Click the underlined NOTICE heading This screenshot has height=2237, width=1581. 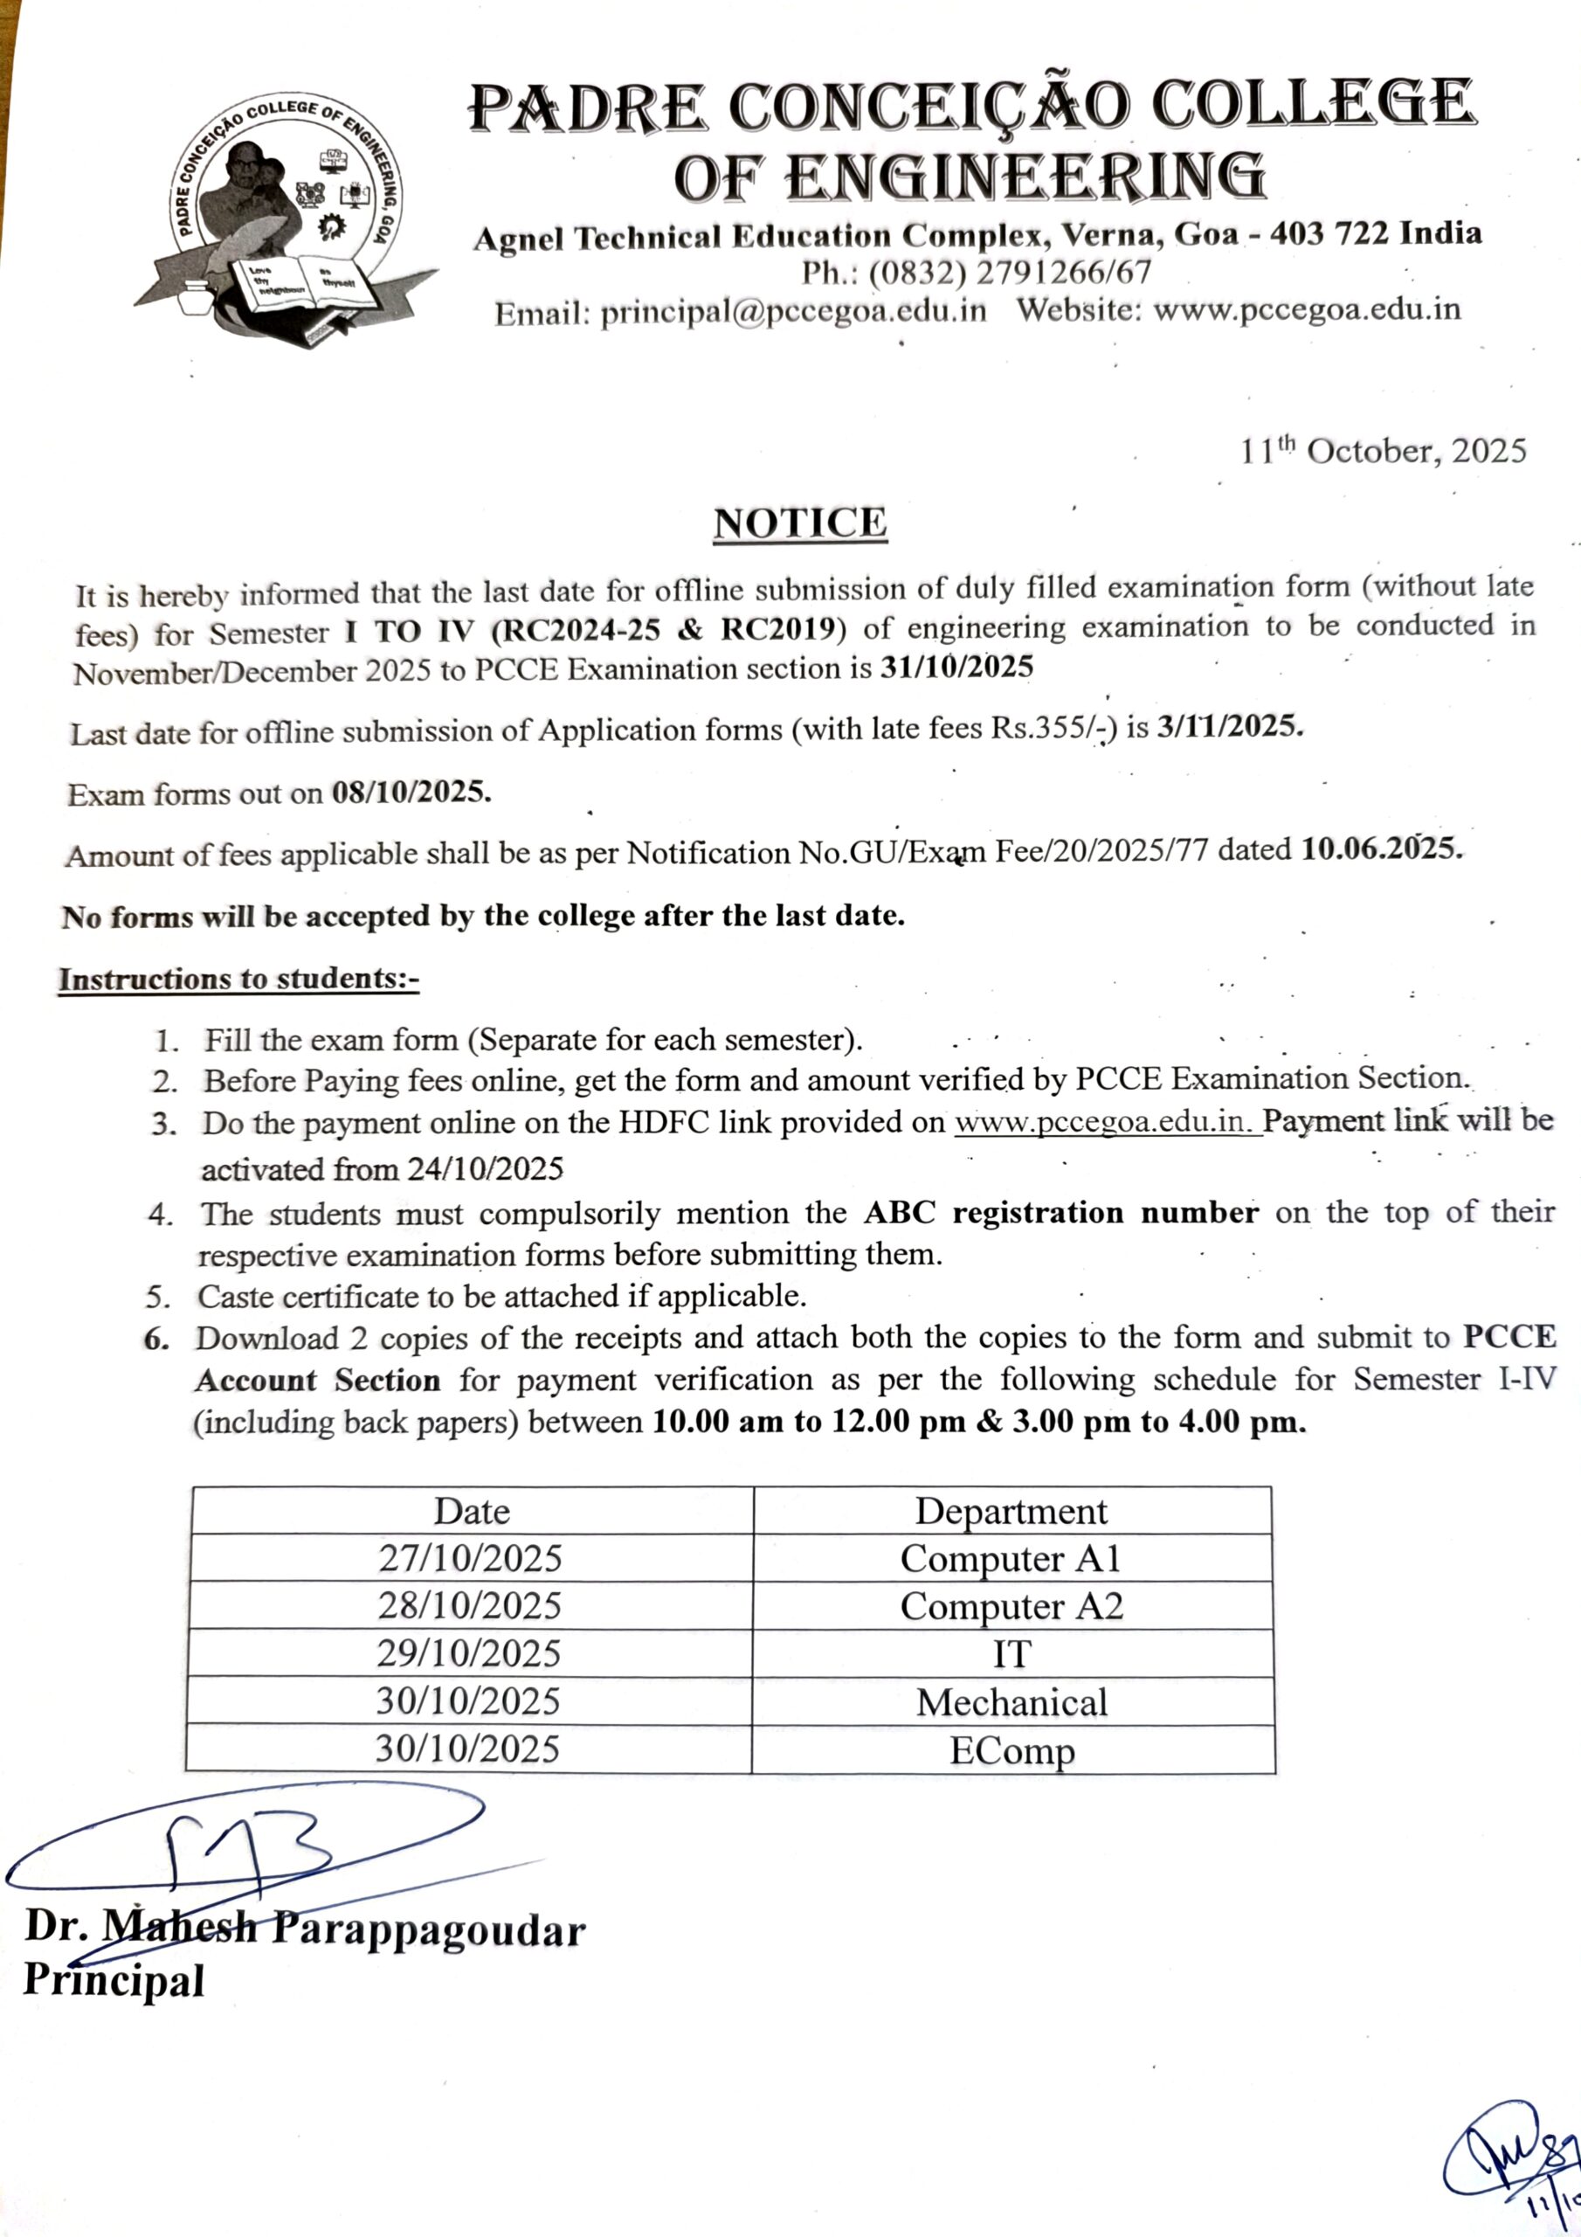pos(800,523)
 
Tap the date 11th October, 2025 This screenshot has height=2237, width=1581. pos(1382,451)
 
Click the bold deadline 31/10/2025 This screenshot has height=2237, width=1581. pos(956,668)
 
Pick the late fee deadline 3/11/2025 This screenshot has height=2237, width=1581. pos(1228,727)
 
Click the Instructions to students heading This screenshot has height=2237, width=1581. pos(238,978)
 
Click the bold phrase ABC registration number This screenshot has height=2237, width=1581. pos(1060,1212)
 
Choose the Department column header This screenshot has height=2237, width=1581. pos(1011,1511)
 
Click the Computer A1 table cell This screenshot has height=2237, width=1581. pos(1011,1558)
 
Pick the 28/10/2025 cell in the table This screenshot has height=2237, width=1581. pos(470,1605)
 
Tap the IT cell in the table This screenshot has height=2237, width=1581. pos(1011,1653)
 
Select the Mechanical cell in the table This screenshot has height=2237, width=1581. pos(1011,1702)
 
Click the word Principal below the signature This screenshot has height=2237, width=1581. pos(114,1980)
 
